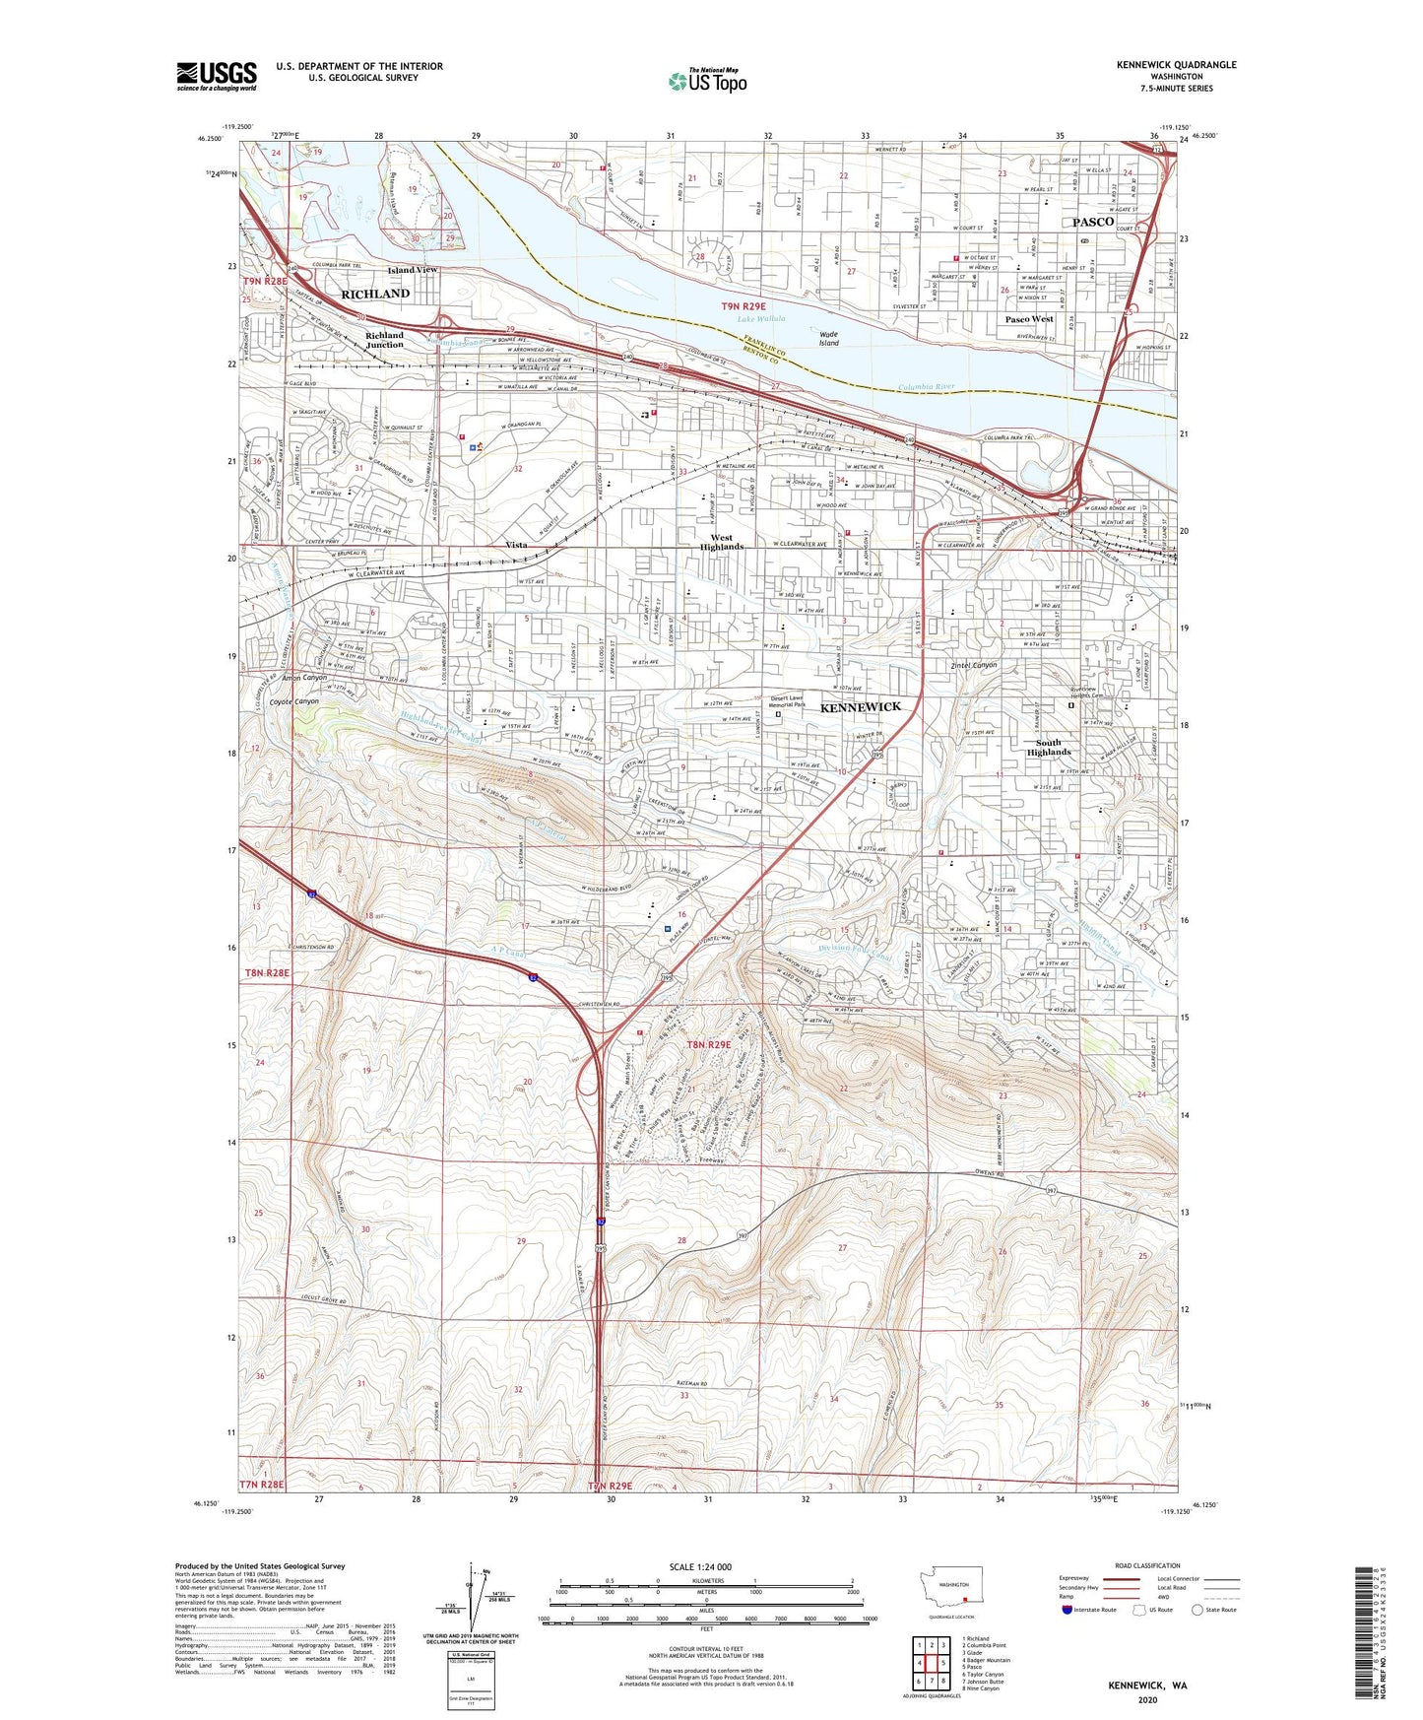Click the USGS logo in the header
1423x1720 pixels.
[x=217, y=76]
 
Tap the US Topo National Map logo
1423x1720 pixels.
[x=706, y=80]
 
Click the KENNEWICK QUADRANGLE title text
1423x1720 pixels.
[x=1176, y=65]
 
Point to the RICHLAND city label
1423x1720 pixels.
[x=375, y=294]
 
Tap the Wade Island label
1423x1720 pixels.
[x=829, y=339]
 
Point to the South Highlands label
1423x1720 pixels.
[x=1049, y=747]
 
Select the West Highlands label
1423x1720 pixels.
[x=722, y=543]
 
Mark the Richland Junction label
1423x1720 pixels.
[x=385, y=340]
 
